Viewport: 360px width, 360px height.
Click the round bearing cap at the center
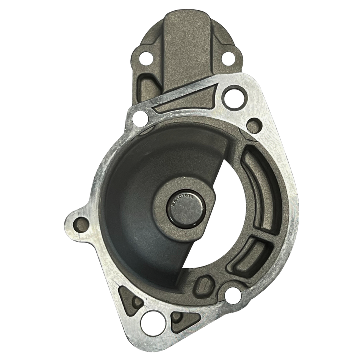click(186, 209)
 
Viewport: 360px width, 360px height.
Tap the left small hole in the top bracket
click(146, 58)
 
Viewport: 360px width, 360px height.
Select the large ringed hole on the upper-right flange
click(234, 97)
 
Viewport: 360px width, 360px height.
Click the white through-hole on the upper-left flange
click(141, 119)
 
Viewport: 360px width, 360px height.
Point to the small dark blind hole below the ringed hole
click(254, 125)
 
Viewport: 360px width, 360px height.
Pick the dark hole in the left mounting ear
click(81, 225)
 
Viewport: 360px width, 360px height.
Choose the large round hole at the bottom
click(153, 323)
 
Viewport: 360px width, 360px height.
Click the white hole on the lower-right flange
click(233, 295)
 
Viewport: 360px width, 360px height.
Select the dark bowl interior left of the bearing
click(133, 197)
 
